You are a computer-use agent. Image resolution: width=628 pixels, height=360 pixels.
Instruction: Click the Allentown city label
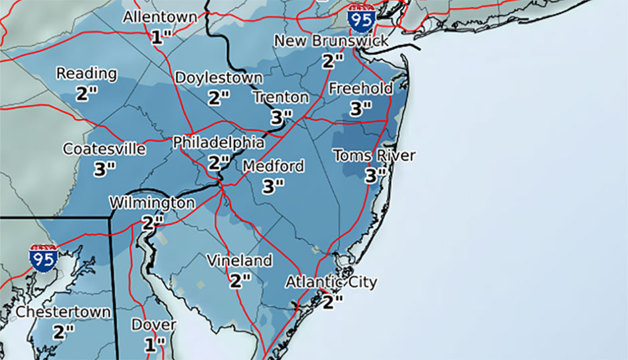(x=160, y=17)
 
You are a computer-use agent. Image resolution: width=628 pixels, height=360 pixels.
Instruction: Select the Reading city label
(x=87, y=73)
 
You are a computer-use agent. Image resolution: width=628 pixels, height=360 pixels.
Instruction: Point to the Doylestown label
(x=218, y=78)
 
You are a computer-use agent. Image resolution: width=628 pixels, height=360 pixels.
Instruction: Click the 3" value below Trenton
(x=281, y=117)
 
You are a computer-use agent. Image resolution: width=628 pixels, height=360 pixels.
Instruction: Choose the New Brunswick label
(x=331, y=41)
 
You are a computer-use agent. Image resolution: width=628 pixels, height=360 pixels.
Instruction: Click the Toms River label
(x=374, y=156)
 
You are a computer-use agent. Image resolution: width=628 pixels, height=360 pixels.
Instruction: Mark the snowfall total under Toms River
(x=375, y=176)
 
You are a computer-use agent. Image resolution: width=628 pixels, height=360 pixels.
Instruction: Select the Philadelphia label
(x=218, y=143)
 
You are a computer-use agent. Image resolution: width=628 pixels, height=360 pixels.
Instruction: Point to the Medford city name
(x=273, y=166)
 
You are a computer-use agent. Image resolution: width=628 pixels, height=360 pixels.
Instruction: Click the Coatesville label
(x=104, y=149)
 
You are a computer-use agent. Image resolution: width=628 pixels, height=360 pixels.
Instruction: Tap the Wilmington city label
(x=152, y=202)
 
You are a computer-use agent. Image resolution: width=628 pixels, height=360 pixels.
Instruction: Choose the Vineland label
(x=239, y=260)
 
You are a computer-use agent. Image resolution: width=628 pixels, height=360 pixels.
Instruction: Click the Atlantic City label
(x=331, y=282)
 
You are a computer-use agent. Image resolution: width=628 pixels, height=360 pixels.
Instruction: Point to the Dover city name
(x=154, y=325)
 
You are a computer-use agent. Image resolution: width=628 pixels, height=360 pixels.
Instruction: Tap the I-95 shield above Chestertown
(x=42, y=257)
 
